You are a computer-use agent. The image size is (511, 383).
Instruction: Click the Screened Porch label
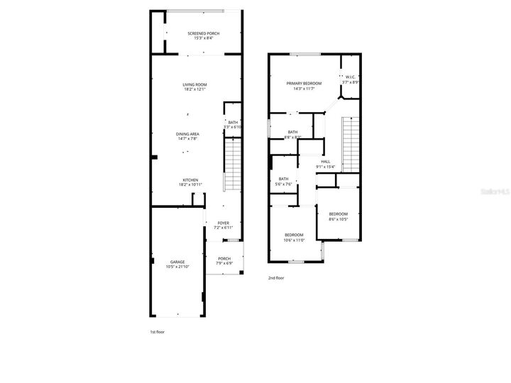[x=202, y=33]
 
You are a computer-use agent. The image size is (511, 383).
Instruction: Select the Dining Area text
[x=188, y=133]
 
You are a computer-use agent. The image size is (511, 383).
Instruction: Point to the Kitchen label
[x=190, y=180]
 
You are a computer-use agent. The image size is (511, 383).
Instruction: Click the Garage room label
[x=177, y=262]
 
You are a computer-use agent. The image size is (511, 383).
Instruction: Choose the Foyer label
[x=224, y=223]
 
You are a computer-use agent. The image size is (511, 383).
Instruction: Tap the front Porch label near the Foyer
[x=224, y=258]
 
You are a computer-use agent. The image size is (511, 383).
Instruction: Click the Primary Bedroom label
[x=304, y=83]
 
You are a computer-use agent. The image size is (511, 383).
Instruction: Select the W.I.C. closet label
[x=350, y=77]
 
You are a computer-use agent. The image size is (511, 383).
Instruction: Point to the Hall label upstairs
[x=326, y=162]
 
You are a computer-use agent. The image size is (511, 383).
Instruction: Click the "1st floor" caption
[x=157, y=331]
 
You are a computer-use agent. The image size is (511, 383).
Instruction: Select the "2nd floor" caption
[x=276, y=278]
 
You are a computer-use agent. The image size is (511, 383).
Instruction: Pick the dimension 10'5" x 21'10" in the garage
[x=177, y=267]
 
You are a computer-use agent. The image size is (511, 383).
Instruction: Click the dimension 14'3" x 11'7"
[x=304, y=89]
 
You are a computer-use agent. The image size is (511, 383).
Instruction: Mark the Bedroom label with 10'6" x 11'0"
[x=294, y=235]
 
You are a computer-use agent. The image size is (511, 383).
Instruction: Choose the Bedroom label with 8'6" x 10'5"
[x=338, y=213]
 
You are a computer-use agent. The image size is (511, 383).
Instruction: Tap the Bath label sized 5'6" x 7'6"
[x=284, y=179]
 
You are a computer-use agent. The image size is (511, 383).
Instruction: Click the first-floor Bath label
[x=233, y=122]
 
